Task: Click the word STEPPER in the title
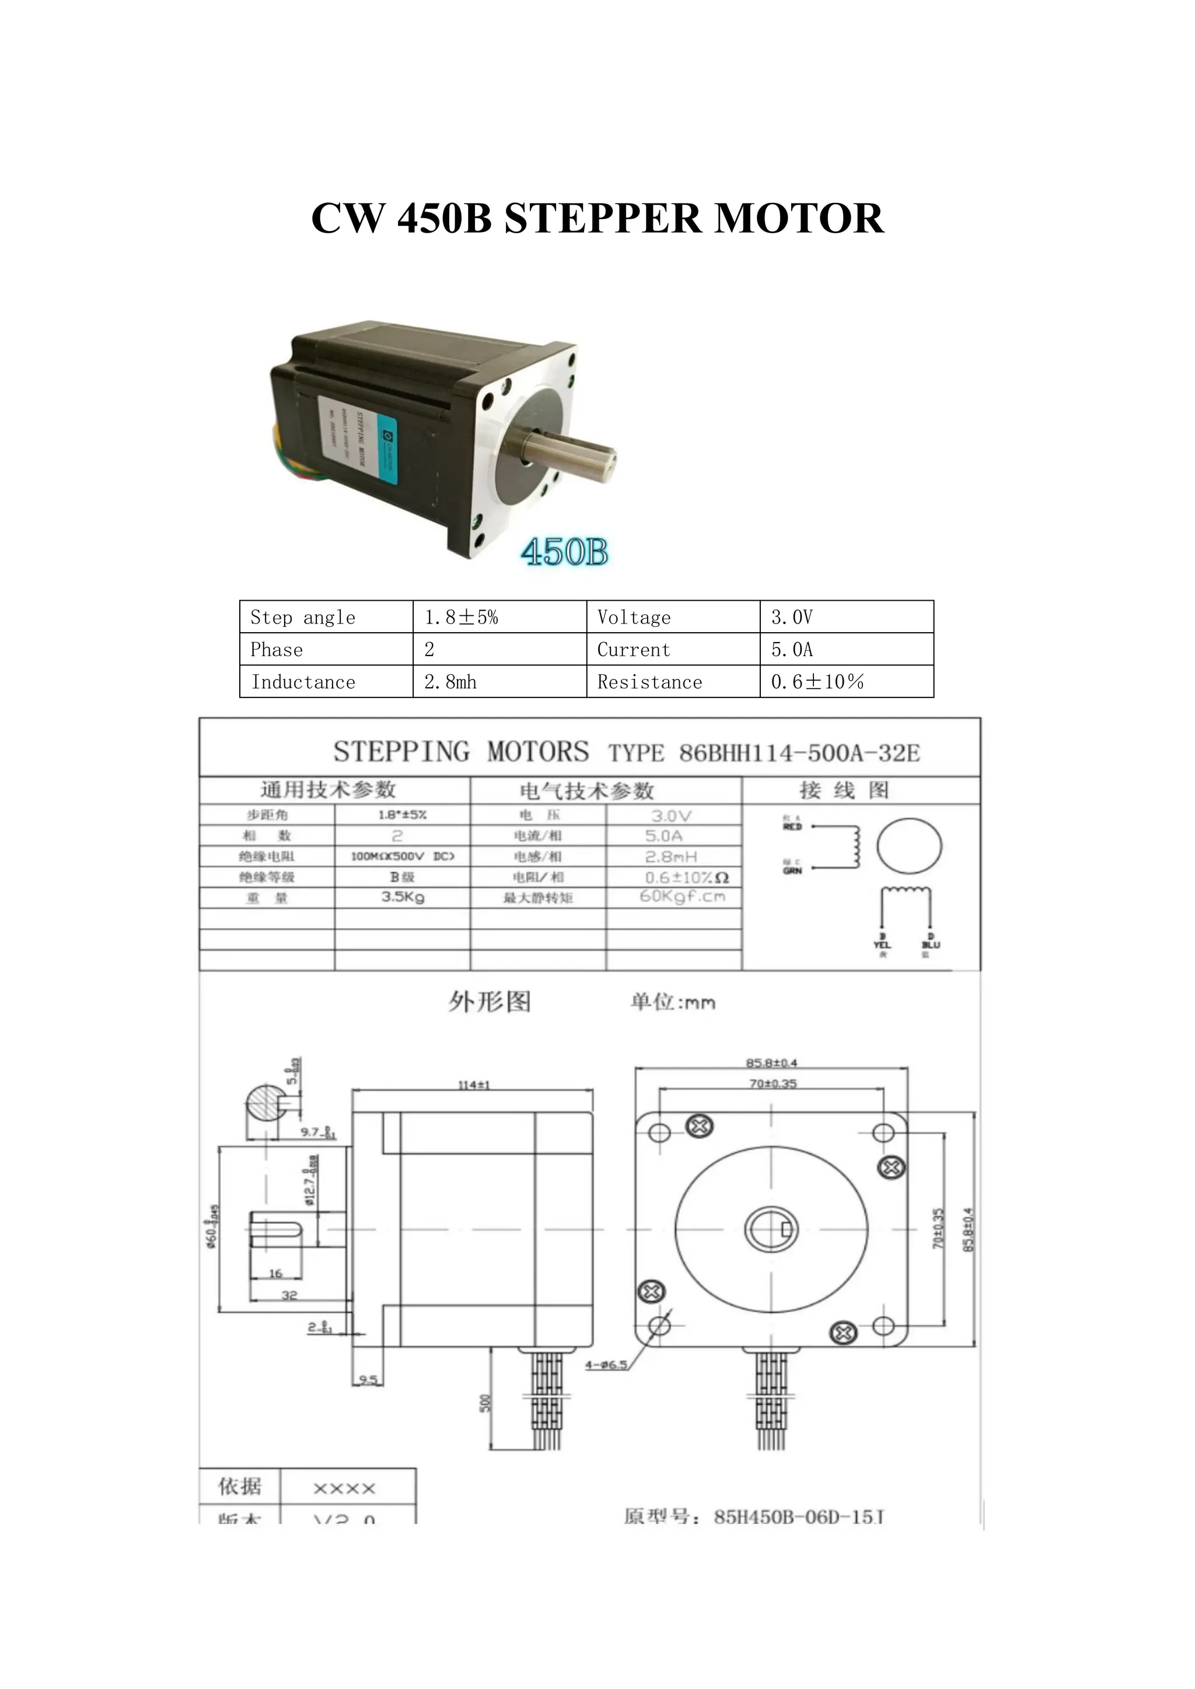(603, 219)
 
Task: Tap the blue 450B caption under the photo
(564, 552)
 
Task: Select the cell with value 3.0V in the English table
(846, 616)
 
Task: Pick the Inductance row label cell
(326, 682)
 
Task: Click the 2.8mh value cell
(499, 682)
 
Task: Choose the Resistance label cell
(673, 682)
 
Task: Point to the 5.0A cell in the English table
(846, 650)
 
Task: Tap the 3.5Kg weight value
(403, 897)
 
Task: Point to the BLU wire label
(930, 945)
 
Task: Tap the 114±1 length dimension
(473, 1084)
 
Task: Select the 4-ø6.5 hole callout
(606, 1365)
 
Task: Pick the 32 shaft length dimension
(289, 1295)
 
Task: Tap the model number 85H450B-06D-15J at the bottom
(798, 1517)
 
